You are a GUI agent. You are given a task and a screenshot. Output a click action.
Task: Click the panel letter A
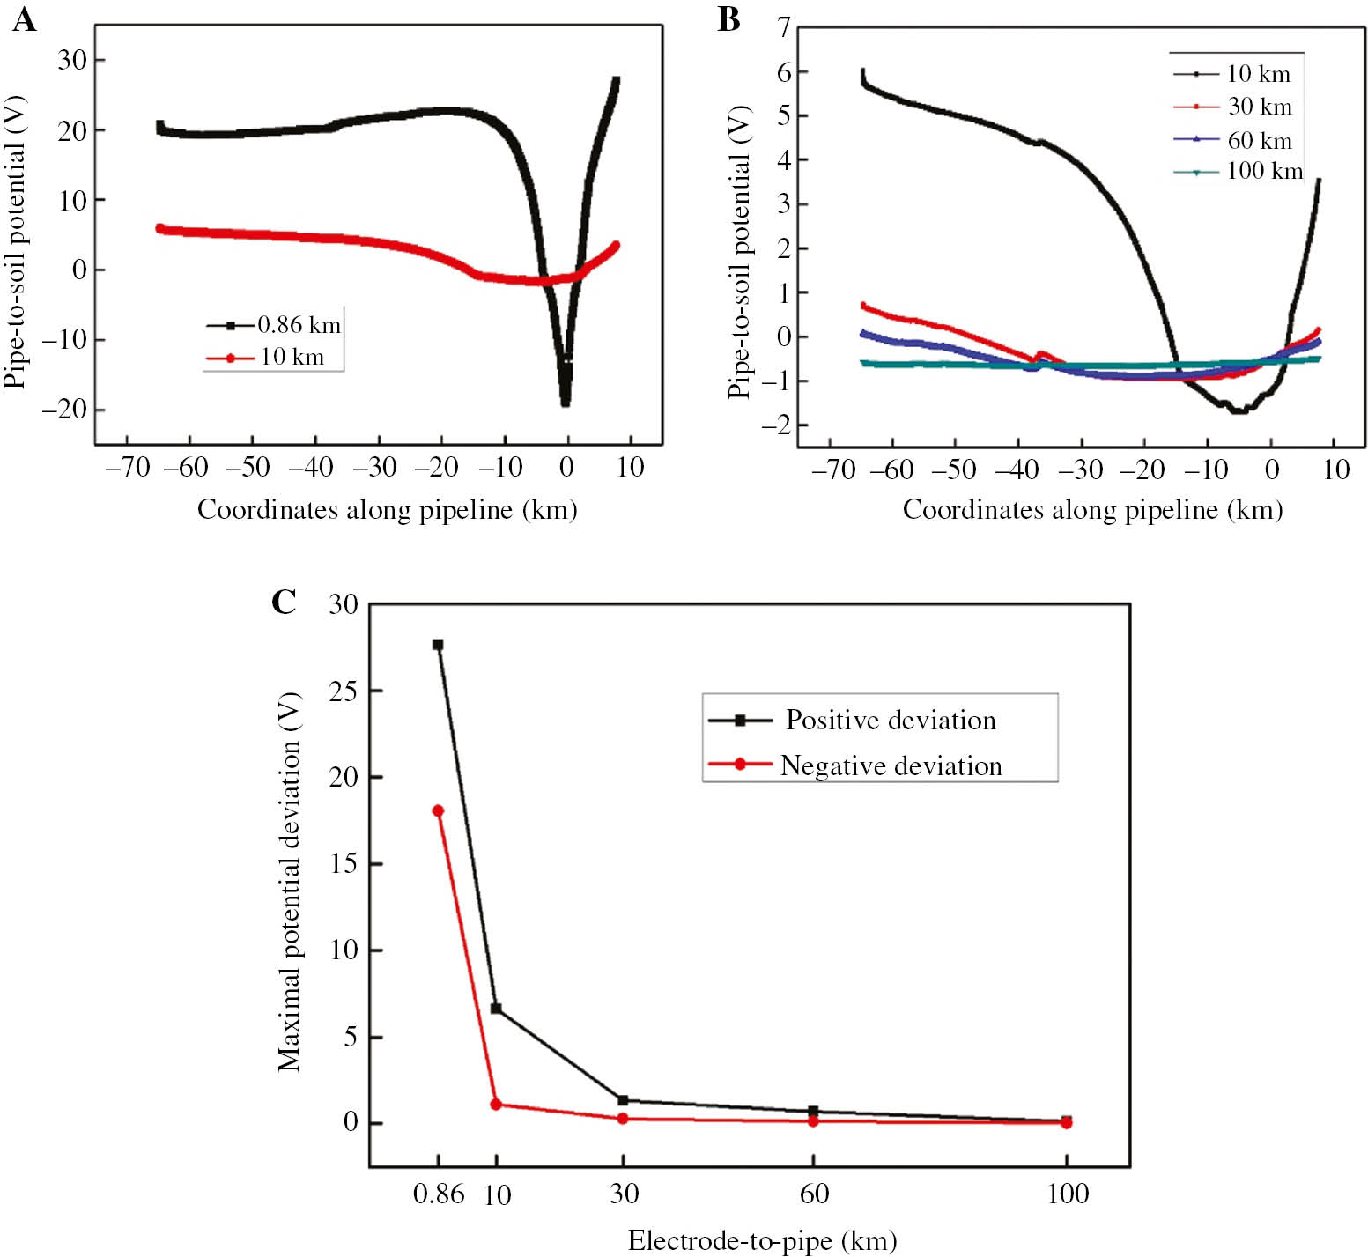[24, 19]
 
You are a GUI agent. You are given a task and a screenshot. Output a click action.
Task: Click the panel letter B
[728, 19]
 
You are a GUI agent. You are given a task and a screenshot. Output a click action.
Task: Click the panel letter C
[284, 602]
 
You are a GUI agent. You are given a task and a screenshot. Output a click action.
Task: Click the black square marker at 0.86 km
[438, 645]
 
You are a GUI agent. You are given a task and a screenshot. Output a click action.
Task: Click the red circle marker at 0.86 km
[438, 810]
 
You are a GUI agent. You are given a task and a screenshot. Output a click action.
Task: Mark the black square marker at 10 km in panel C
[496, 1009]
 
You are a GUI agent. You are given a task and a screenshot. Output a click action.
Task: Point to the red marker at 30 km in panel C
[623, 1119]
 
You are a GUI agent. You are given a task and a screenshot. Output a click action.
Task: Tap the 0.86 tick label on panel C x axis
[438, 1194]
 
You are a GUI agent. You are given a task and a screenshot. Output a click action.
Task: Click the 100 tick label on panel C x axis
[1068, 1194]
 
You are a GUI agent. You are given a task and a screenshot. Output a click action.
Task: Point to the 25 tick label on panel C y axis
[344, 691]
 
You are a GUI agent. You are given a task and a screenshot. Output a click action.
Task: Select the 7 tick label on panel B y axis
[783, 28]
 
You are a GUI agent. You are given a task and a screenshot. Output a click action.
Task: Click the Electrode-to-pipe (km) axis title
[762, 1240]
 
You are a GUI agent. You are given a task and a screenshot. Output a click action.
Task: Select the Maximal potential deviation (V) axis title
[289, 881]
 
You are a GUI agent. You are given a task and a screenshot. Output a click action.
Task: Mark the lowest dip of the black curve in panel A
[566, 403]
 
